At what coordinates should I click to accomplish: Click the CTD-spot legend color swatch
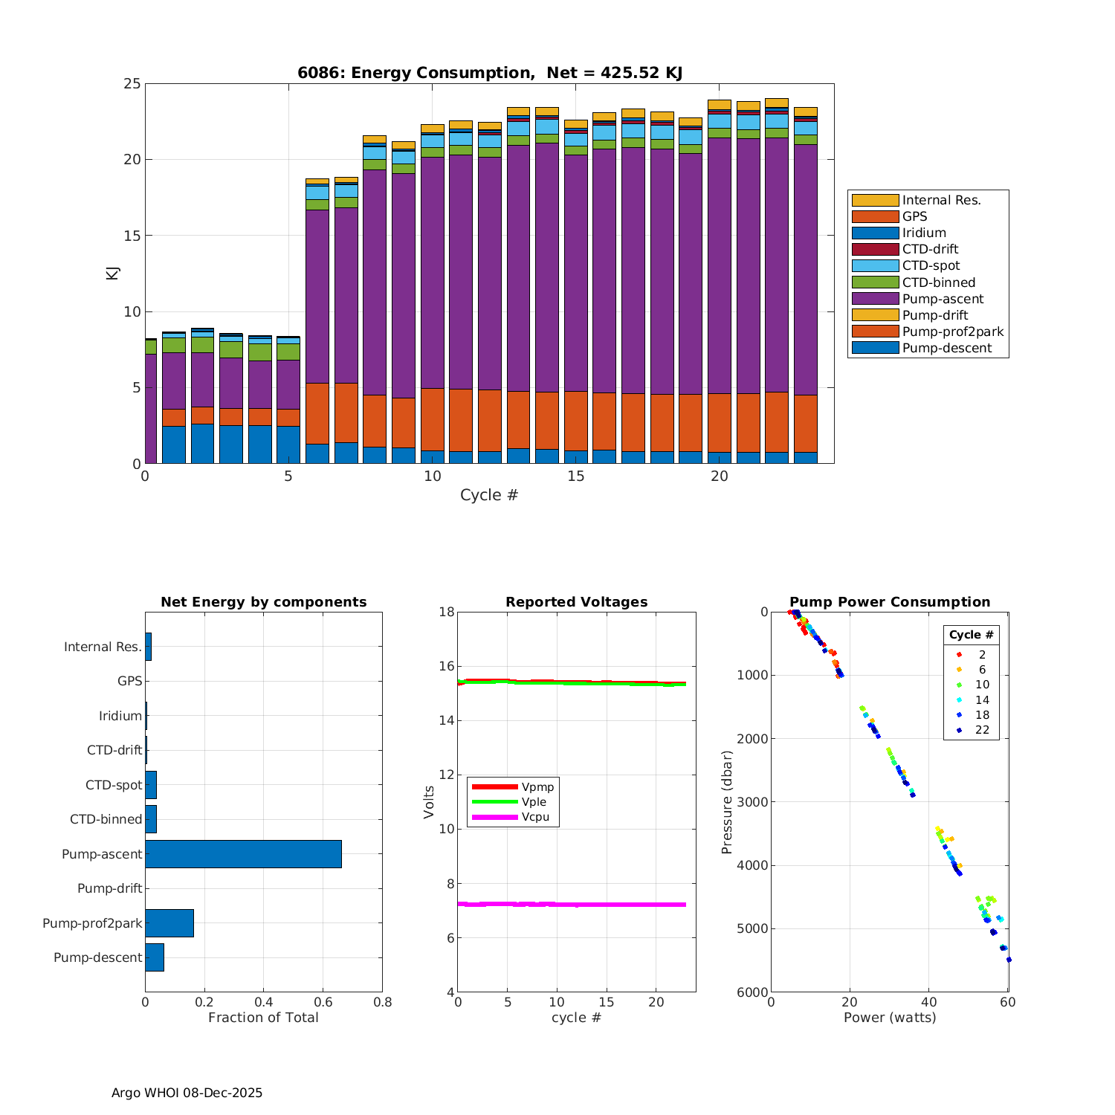click(x=875, y=266)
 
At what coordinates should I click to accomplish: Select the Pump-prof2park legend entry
click(x=952, y=332)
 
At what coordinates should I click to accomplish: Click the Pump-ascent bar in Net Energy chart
click(x=243, y=854)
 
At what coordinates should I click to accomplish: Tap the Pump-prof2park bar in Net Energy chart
click(x=169, y=923)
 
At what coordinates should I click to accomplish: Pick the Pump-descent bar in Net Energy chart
click(x=155, y=957)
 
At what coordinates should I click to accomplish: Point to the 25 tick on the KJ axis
click(x=132, y=83)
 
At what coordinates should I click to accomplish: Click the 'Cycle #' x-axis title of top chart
click(x=489, y=495)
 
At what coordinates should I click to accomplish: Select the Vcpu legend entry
click(x=535, y=817)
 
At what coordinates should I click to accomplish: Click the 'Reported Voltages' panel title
click(x=576, y=602)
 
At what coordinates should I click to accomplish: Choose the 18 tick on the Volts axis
click(x=447, y=612)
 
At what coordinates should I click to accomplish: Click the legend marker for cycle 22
click(x=959, y=731)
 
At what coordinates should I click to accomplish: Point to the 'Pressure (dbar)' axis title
click(x=727, y=801)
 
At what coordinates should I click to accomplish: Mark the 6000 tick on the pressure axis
click(x=754, y=992)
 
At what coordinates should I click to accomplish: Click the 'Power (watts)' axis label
click(x=889, y=1018)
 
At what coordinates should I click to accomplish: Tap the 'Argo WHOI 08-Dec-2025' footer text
click(x=187, y=1093)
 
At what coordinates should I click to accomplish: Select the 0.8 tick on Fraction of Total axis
click(x=382, y=1002)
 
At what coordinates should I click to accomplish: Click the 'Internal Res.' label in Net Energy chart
click(x=103, y=647)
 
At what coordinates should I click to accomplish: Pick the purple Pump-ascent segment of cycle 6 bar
click(x=317, y=297)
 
